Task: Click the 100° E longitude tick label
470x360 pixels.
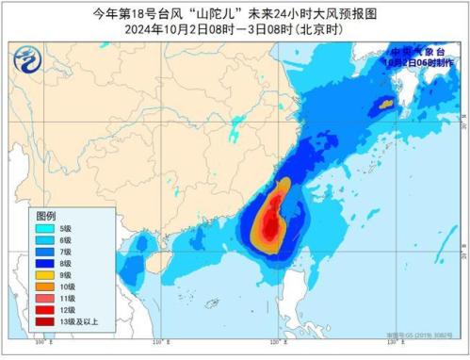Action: tap(40, 352)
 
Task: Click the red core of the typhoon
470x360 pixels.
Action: tap(271, 226)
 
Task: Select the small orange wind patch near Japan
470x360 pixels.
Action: tap(383, 108)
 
